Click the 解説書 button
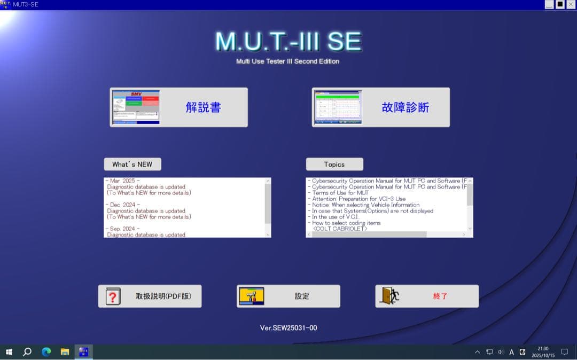pyautogui.click(x=179, y=107)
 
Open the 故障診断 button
pyautogui.click(x=380, y=107)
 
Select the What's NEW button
pyautogui.click(x=132, y=164)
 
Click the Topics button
pyautogui.click(x=334, y=164)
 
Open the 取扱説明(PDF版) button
pyautogui.click(x=150, y=296)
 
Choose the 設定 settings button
pyautogui.click(x=288, y=296)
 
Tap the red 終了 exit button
pyautogui.click(x=426, y=296)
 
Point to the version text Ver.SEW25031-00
pyautogui.click(x=288, y=327)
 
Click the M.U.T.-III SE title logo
pyautogui.click(x=288, y=41)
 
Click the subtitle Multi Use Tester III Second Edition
pyautogui.click(x=287, y=61)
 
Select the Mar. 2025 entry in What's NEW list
pyautogui.click(x=123, y=181)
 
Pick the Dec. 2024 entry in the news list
pyautogui.click(x=123, y=205)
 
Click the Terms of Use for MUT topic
pyautogui.click(x=340, y=193)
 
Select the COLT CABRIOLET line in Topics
pyautogui.click(x=340, y=229)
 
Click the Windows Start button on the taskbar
pyautogui.click(x=9, y=352)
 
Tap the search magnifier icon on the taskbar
pyautogui.click(x=27, y=352)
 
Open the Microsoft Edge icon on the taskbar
pyautogui.click(x=46, y=352)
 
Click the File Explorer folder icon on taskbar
pyautogui.click(x=65, y=352)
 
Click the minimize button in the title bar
pyautogui.click(x=549, y=4)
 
